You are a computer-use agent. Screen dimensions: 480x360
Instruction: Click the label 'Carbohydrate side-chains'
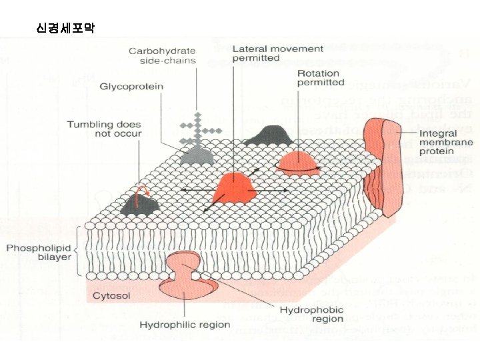pos(163,55)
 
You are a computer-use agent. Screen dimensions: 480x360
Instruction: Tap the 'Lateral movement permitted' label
pos(277,53)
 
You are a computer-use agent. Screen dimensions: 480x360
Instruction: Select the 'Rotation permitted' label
pos(321,77)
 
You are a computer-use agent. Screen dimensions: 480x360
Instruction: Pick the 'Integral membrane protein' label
pos(445,143)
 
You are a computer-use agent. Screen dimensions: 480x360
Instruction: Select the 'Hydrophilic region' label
pos(185,325)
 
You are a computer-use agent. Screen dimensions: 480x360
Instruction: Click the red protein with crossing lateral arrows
pos(233,187)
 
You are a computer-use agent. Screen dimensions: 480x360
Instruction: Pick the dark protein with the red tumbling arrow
pos(139,204)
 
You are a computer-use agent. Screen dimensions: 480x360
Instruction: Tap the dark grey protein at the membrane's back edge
pos(267,135)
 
